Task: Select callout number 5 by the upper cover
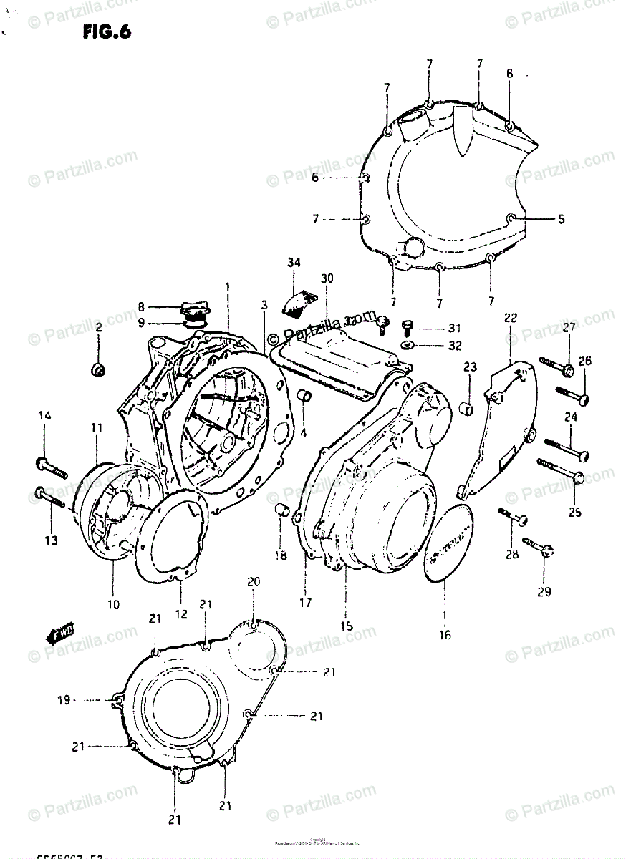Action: click(561, 220)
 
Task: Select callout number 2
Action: click(99, 327)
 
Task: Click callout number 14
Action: click(44, 415)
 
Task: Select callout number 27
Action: click(569, 329)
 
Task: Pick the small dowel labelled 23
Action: click(469, 409)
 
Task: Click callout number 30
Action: click(327, 278)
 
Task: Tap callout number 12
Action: click(180, 613)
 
